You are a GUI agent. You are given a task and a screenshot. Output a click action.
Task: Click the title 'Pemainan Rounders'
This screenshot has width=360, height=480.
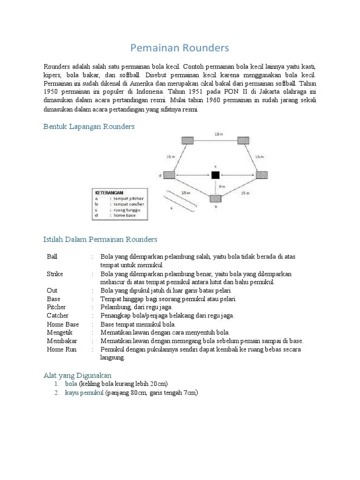click(x=180, y=48)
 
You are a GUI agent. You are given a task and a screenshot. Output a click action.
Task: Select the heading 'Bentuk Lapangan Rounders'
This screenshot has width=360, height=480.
click(x=89, y=127)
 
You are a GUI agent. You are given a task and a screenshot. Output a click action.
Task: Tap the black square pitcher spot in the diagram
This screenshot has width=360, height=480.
click(x=215, y=175)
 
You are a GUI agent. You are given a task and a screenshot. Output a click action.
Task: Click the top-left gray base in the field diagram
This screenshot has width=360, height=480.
click(x=187, y=140)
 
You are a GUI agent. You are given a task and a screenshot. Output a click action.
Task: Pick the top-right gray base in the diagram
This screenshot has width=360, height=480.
click(x=243, y=140)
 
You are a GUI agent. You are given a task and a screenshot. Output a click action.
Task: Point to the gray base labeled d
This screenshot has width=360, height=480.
click(x=169, y=175)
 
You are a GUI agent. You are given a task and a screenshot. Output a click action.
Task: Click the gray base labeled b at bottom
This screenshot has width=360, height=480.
click(x=215, y=198)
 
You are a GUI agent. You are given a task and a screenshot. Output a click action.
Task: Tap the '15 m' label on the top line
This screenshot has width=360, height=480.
click(x=218, y=134)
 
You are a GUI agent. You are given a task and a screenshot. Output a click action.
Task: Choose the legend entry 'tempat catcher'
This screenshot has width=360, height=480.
click(x=127, y=204)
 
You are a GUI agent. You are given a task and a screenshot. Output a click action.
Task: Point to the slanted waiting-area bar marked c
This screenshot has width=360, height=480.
click(x=178, y=201)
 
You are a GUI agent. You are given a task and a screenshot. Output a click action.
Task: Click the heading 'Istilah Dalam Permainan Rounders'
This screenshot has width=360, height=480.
click(x=100, y=240)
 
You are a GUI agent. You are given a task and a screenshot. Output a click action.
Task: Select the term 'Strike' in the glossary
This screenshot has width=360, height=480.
click(x=55, y=274)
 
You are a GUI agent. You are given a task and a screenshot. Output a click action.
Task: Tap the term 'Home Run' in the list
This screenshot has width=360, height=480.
click(x=61, y=349)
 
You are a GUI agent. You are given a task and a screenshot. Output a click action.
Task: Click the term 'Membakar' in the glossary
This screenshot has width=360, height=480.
click(x=62, y=341)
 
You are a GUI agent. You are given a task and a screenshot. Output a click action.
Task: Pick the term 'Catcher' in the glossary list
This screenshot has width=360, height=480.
click(x=58, y=315)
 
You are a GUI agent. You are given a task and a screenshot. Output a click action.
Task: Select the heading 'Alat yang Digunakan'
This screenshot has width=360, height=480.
click(x=77, y=375)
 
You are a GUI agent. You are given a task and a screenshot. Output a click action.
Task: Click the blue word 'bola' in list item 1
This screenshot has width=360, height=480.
click(x=71, y=383)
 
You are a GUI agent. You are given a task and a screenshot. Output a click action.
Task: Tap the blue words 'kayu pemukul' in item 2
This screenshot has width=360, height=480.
click(x=84, y=393)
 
